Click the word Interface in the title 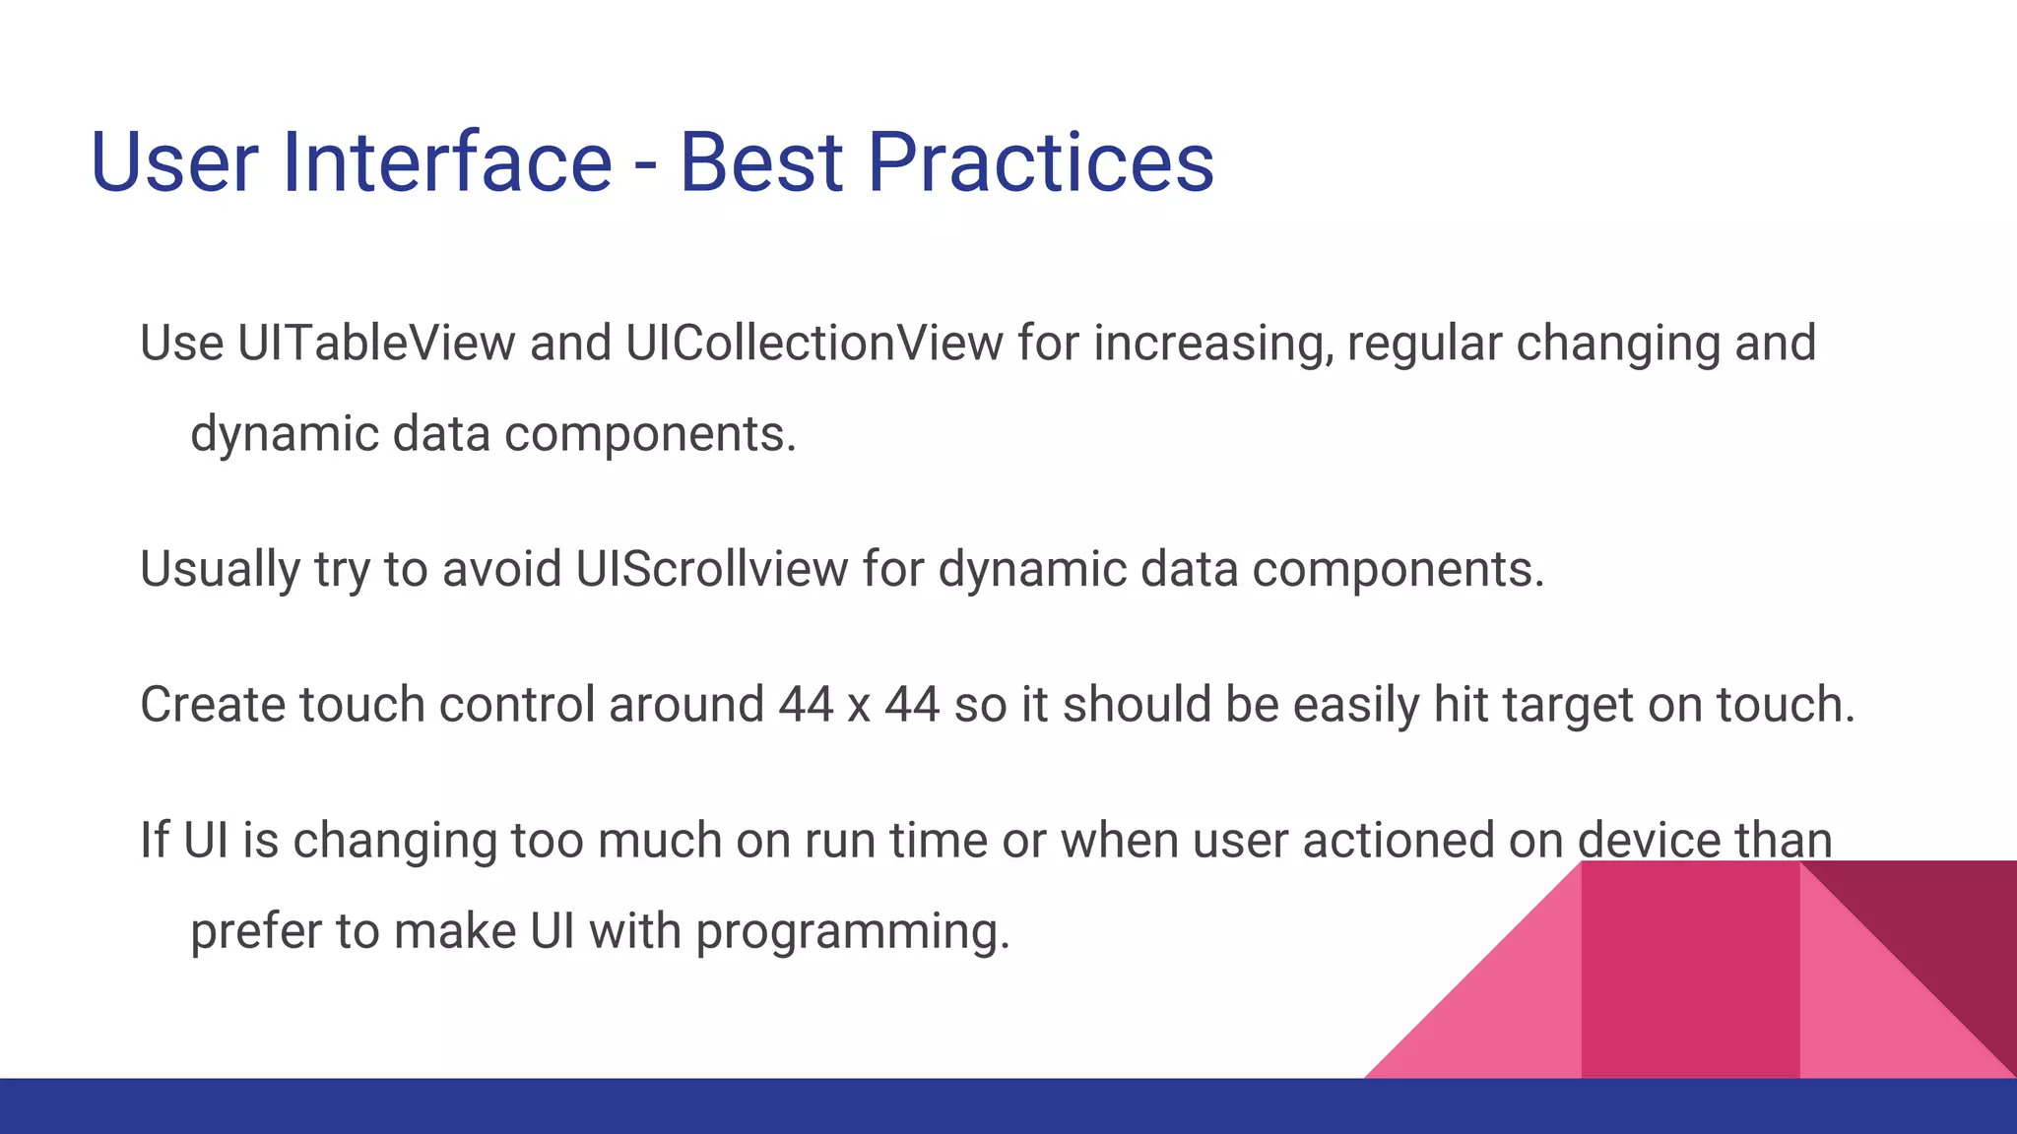pos(447,162)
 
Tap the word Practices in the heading pos(1040,162)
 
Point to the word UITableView pos(376,344)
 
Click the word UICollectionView pos(813,344)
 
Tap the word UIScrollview pos(711,569)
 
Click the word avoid pos(501,569)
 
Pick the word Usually pos(219,571)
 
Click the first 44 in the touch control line pos(806,706)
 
